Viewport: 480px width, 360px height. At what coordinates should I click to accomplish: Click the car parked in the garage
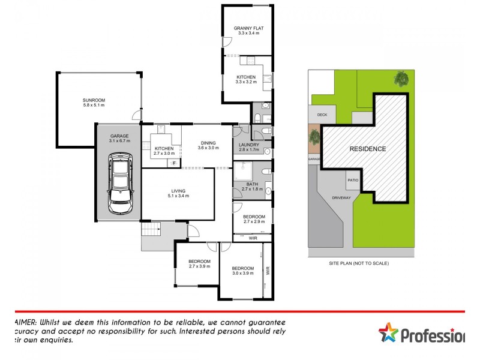tap(121, 183)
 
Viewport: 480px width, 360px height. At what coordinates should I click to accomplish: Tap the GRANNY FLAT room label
tap(248, 28)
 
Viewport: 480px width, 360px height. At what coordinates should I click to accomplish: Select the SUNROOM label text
tap(94, 100)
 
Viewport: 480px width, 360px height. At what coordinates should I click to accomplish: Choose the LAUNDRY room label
tap(248, 145)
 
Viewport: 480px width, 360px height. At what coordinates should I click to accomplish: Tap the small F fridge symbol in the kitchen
tap(174, 163)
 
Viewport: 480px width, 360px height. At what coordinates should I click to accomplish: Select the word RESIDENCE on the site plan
tap(368, 149)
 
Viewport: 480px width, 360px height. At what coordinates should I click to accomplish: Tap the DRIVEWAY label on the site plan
tap(343, 197)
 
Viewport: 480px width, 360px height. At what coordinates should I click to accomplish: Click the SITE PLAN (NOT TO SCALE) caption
tap(359, 263)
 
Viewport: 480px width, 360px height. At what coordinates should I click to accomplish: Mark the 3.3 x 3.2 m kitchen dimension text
tap(246, 82)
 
